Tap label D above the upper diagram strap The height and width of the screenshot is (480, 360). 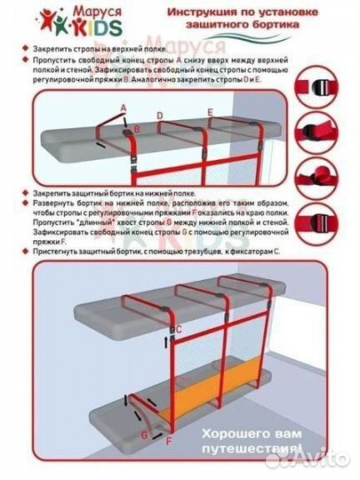tap(159, 116)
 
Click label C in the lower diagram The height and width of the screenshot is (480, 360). tap(179, 332)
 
